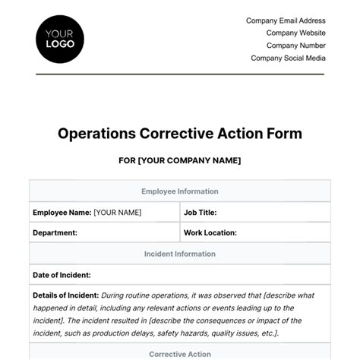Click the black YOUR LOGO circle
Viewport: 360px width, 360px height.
[x=60, y=38]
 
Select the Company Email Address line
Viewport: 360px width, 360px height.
[x=286, y=21]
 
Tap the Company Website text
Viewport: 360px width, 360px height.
[x=295, y=33]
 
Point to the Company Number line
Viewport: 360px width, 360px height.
[x=295, y=46]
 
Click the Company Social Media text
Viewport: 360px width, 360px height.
[x=288, y=58]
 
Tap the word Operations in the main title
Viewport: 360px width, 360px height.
[x=97, y=134]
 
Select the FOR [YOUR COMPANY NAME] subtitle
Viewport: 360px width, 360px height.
[x=180, y=161]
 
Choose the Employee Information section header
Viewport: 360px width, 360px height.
[x=180, y=192]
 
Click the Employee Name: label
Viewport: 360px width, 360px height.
[x=62, y=213]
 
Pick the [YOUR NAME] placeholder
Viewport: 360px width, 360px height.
[x=117, y=213]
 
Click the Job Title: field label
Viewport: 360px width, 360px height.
[x=200, y=213]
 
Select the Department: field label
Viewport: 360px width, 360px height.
[x=55, y=233]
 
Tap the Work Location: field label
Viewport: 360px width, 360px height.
[x=210, y=233]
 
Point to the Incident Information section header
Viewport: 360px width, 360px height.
[x=180, y=254]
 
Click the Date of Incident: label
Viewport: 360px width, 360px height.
[x=62, y=275]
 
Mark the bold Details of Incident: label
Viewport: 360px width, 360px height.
[x=66, y=295]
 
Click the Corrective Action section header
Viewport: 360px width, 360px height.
[x=180, y=354]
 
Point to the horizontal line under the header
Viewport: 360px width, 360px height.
[x=180, y=74]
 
